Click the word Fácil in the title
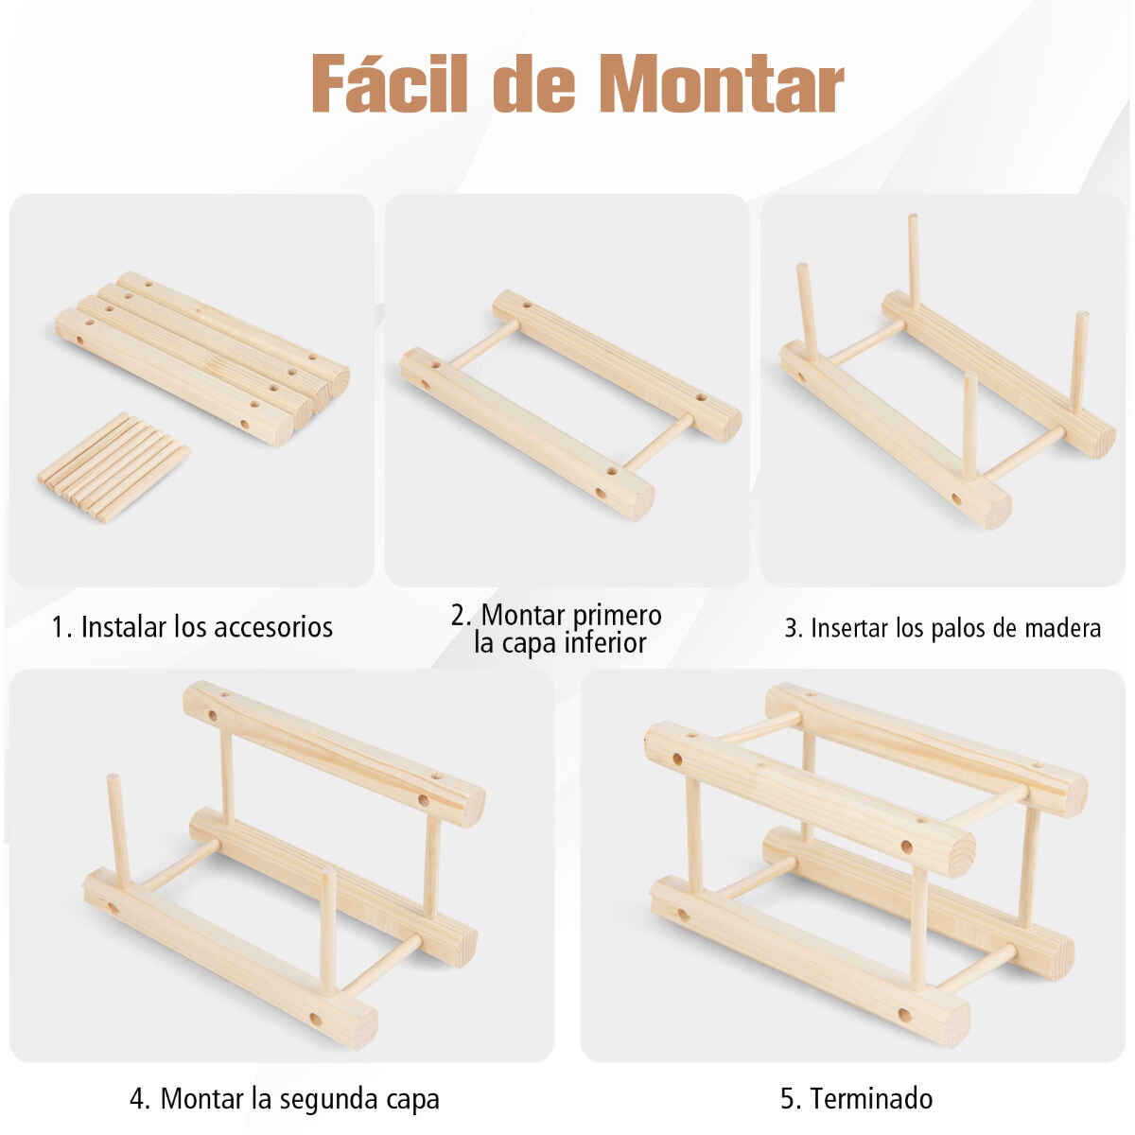pos(390,82)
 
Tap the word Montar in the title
pos(721,83)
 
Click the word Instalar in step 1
pos(124,627)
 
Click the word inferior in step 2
pos(605,642)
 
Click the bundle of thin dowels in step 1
pos(113,467)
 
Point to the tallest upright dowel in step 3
pos(914,261)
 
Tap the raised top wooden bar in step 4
pos(334,754)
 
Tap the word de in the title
pos(533,82)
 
